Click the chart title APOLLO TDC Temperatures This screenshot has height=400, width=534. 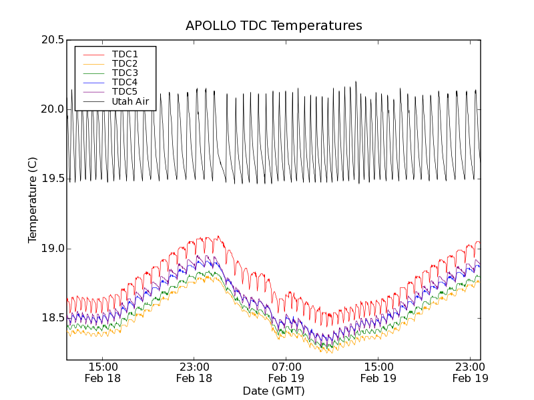point(274,26)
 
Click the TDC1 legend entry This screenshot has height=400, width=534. point(125,54)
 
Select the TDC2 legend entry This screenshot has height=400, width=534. point(125,63)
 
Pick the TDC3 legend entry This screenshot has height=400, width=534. point(125,73)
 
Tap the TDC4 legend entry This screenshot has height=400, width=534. point(125,82)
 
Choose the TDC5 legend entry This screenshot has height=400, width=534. point(125,91)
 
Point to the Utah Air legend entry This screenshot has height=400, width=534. point(130,101)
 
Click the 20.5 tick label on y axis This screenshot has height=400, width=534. point(52,40)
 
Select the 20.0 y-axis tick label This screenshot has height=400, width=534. point(52,109)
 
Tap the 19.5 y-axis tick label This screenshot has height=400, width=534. point(52,179)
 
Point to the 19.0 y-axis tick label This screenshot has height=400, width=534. point(52,249)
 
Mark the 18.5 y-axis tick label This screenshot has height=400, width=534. point(52,318)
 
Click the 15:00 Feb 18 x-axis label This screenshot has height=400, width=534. point(103,372)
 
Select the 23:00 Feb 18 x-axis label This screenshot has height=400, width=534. point(194,372)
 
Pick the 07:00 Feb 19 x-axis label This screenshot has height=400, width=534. point(286,372)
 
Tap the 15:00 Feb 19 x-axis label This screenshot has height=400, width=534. point(378,372)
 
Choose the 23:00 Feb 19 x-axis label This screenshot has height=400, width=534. point(470,372)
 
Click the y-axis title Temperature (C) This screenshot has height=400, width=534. point(33,200)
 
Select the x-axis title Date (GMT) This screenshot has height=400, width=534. point(274,391)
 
